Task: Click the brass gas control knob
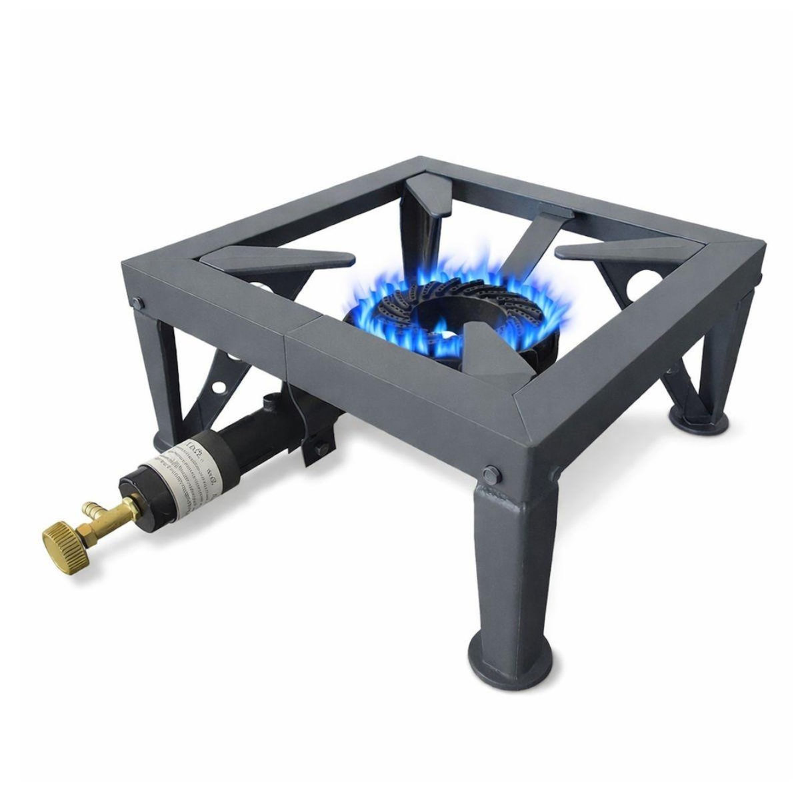(x=61, y=533)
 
